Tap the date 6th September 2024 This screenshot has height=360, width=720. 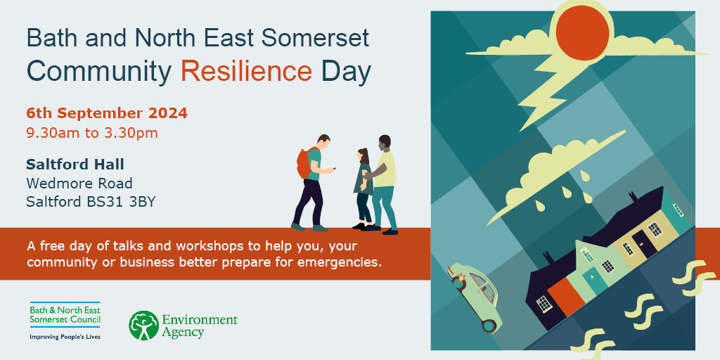point(107,113)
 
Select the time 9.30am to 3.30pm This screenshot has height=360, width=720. point(92,133)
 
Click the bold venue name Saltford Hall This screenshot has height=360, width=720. point(75,164)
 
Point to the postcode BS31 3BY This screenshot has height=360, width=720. point(121,202)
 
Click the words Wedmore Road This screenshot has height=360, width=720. point(79,184)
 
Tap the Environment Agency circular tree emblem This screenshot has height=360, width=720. point(143,326)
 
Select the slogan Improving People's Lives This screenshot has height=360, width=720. point(65,337)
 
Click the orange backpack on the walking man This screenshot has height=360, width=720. point(304,162)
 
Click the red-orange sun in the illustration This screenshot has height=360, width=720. point(582,33)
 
